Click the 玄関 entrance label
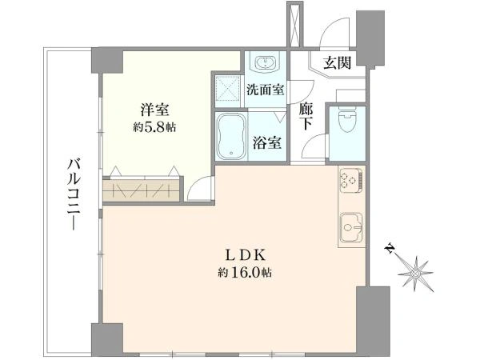pyautogui.click(x=338, y=63)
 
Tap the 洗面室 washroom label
pyautogui.click(x=266, y=90)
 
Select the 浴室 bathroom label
pyautogui.click(x=267, y=142)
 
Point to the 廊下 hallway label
pyautogui.click(x=306, y=116)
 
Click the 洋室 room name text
pyautogui.click(x=155, y=110)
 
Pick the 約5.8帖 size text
pyautogui.click(x=154, y=127)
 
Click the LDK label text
pyautogui.click(x=245, y=255)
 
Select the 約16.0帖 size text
pyautogui.click(x=245, y=272)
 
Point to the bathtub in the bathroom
pyautogui.click(x=231, y=137)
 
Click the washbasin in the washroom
pyautogui.click(x=265, y=62)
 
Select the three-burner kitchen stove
pyautogui.click(x=351, y=179)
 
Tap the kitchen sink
pyautogui.click(x=351, y=227)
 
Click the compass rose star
pyautogui.click(x=416, y=273)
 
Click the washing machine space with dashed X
pyautogui.click(x=227, y=89)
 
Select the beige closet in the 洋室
pyautogui.click(x=141, y=190)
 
